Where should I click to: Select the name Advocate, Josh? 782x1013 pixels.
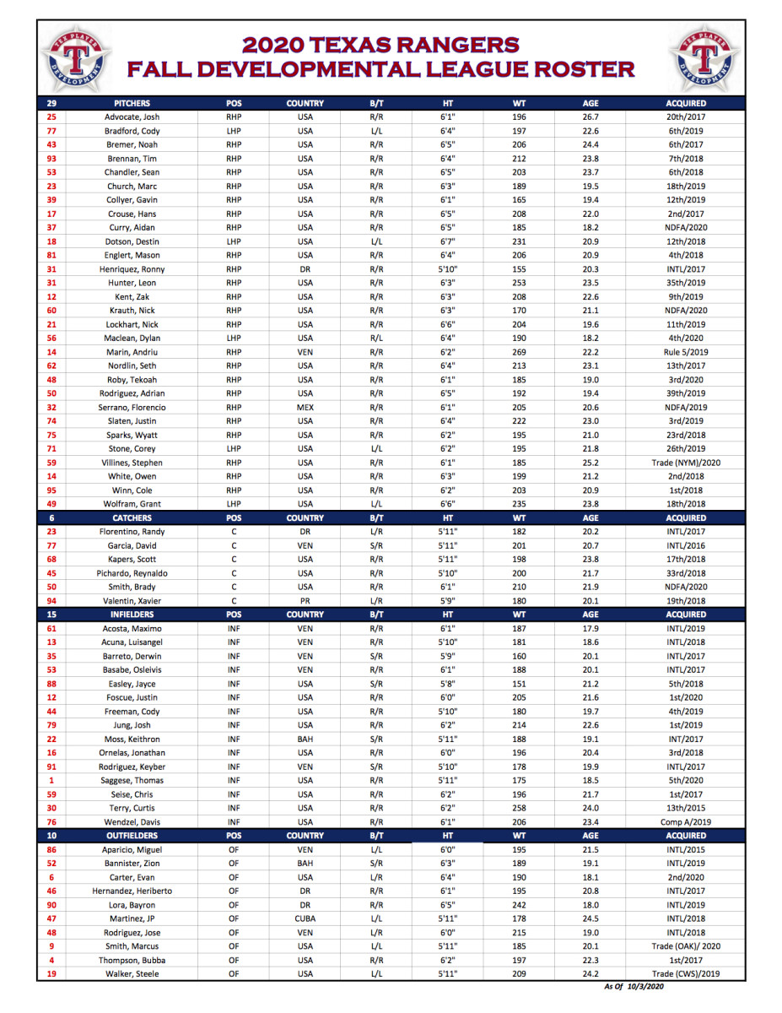pyautogui.click(x=132, y=117)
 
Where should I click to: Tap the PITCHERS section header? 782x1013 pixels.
pyautogui.click(x=132, y=103)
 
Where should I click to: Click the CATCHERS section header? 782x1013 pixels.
pyautogui.click(x=132, y=517)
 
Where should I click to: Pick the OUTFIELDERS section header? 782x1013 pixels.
pyautogui.click(x=132, y=836)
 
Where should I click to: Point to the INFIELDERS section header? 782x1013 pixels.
pyautogui.click(x=132, y=615)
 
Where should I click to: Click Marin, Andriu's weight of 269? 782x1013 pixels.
pyautogui.click(x=520, y=352)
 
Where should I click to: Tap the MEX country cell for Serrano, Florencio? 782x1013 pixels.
pyautogui.click(x=305, y=407)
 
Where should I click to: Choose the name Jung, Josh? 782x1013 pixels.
pyautogui.click(x=132, y=725)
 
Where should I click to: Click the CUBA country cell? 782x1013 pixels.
pyautogui.click(x=305, y=918)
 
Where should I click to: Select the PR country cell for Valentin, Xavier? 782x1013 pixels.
pyautogui.click(x=305, y=601)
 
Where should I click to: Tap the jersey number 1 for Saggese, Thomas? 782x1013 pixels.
pyautogui.click(x=51, y=780)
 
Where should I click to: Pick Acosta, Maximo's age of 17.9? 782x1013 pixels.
pyautogui.click(x=591, y=628)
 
